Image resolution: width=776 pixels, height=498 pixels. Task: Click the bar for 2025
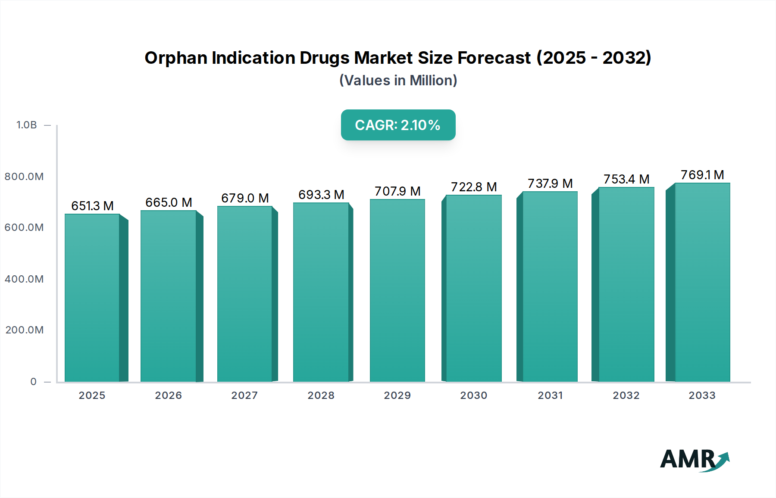[92, 297]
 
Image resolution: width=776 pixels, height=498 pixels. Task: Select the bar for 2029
[397, 291]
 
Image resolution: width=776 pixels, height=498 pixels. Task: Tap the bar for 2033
[702, 282]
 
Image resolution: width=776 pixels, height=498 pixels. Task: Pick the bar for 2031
[550, 286]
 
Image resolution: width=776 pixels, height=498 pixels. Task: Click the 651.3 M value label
[92, 206]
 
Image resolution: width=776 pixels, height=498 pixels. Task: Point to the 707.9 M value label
[397, 191]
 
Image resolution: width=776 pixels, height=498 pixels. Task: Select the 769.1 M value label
[702, 175]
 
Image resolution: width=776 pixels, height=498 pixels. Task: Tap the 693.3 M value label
[321, 195]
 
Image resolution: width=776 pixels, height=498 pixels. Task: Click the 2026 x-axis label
[168, 395]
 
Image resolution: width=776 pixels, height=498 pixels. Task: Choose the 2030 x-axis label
[473, 395]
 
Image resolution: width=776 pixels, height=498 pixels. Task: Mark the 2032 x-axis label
[626, 395]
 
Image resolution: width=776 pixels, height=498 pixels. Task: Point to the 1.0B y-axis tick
[27, 125]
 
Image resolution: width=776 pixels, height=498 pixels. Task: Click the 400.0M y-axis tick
[24, 279]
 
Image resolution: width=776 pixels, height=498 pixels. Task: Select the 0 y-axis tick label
[34, 382]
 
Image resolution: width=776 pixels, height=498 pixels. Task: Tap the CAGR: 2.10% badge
[398, 125]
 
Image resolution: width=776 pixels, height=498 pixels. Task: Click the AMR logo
[694, 460]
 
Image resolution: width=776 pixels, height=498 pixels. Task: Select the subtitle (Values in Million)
[398, 81]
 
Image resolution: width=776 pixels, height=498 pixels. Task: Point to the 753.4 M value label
[626, 179]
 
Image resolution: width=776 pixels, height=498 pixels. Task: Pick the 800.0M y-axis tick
[24, 177]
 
